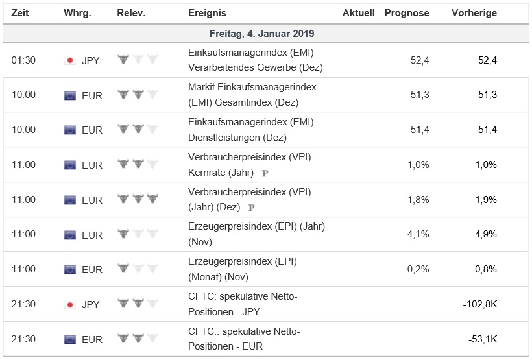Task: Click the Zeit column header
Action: pos(19,13)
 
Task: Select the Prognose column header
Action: pos(407,13)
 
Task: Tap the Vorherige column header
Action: pos(474,13)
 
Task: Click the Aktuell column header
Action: pos(359,13)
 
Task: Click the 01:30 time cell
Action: pos(23,60)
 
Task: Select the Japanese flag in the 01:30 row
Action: pos(70,60)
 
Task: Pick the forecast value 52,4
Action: pos(420,60)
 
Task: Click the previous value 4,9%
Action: pos(486,235)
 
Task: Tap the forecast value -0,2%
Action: pos(416,269)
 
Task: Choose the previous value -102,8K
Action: pos(479,304)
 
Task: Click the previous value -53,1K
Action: pos(482,339)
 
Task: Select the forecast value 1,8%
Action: pos(418,200)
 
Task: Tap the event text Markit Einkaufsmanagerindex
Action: pos(252,87)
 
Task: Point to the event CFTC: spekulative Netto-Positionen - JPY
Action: pos(244,304)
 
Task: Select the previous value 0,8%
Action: pos(486,269)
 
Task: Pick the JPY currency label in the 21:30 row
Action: pos(91,304)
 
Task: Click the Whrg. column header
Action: pos(77,13)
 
